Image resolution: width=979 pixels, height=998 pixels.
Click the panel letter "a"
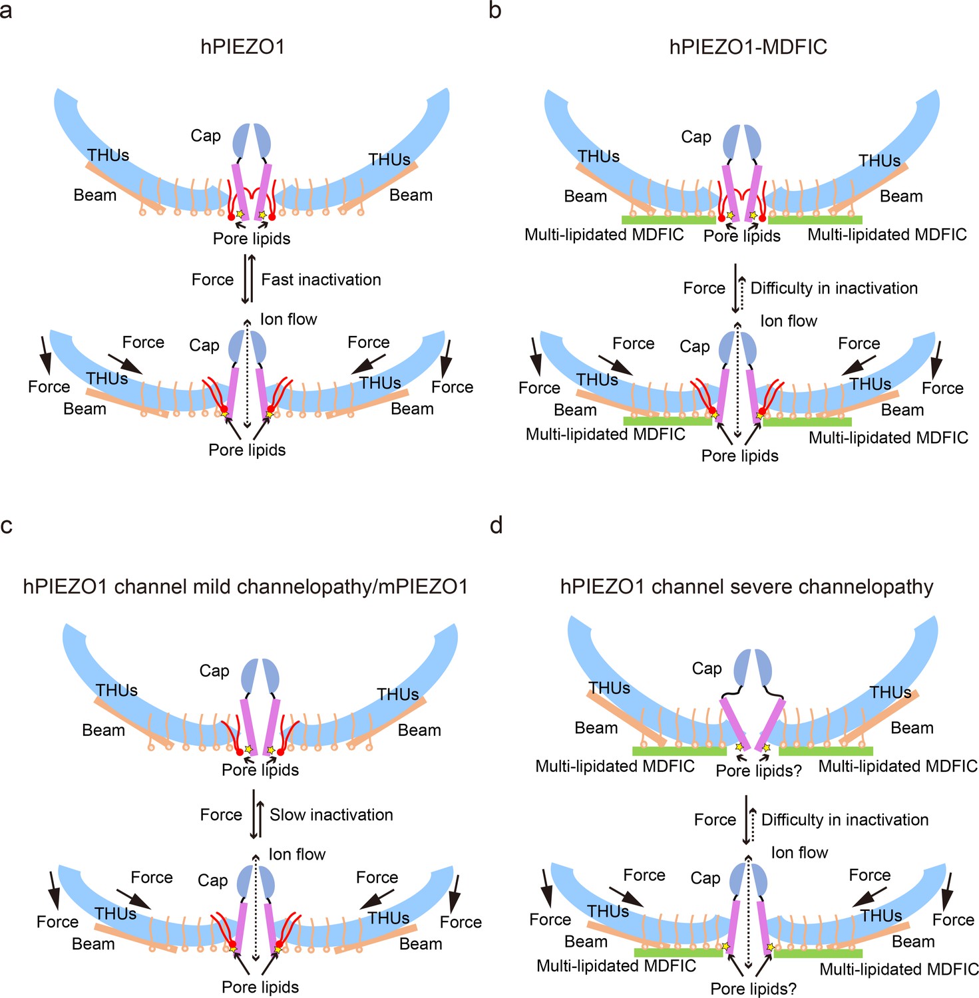(x=6, y=11)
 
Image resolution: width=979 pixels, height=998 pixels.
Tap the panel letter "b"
(x=495, y=10)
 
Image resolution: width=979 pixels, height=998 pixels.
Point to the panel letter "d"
(x=496, y=526)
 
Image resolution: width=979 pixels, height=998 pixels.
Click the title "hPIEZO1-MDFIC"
(x=748, y=47)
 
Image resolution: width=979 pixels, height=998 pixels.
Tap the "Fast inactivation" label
(x=321, y=279)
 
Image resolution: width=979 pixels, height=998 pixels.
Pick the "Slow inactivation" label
(x=331, y=814)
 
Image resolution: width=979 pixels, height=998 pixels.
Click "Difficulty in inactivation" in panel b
(x=834, y=288)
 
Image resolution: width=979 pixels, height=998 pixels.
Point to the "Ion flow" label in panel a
(x=289, y=319)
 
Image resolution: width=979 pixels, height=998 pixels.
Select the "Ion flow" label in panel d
(x=799, y=852)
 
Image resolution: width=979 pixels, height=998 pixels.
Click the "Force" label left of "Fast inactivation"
(x=212, y=279)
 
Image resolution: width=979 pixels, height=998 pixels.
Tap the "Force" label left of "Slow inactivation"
(x=221, y=814)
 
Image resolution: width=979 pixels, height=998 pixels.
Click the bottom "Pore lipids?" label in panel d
(x=753, y=989)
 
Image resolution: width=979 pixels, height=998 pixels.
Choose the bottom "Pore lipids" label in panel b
(x=740, y=456)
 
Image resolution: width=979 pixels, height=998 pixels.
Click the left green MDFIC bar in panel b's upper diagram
(x=669, y=220)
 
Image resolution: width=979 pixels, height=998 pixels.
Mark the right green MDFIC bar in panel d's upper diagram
(x=826, y=751)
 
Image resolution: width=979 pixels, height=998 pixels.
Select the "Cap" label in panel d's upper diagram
(x=707, y=668)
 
